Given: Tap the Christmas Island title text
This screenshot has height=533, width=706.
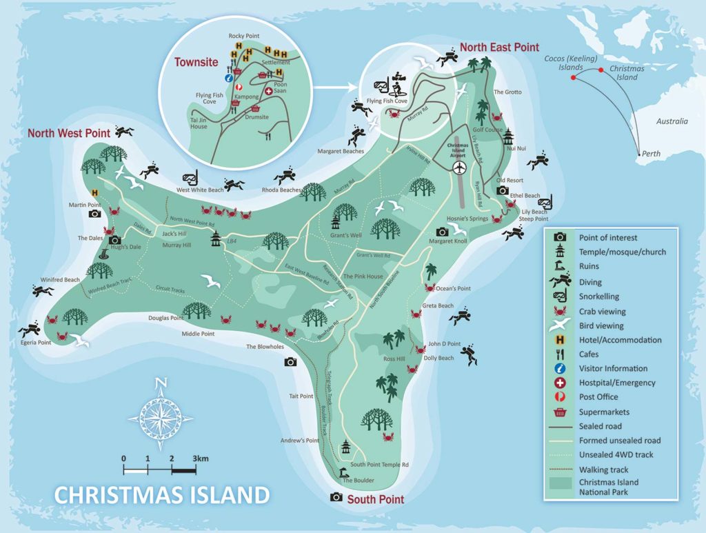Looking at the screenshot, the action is [x=161, y=495].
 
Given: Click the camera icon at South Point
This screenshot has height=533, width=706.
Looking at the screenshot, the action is [x=336, y=496].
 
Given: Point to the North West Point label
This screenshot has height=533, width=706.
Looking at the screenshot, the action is [x=69, y=132].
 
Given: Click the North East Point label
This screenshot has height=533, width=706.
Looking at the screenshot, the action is [x=499, y=47].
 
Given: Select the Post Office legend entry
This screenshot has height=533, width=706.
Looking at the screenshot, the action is [x=598, y=397].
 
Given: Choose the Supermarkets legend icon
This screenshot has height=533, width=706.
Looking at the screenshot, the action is [x=559, y=412].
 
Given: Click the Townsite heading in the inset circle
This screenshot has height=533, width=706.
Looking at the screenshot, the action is [x=196, y=62].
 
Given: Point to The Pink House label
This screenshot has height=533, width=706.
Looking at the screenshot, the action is [x=363, y=276].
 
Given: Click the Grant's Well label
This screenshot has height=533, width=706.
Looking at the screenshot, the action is [x=346, y=236].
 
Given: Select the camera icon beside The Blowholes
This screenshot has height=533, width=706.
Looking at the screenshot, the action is [x=290, y=362].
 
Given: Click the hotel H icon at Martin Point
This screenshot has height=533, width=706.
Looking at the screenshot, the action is [x=94, y=193].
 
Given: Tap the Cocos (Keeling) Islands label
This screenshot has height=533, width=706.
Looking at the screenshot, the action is [x=571, y=63].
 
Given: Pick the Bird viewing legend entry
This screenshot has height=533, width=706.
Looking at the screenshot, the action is [x=601, y=325].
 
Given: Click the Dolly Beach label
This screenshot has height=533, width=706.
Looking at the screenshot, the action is [x=438, y=358].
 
